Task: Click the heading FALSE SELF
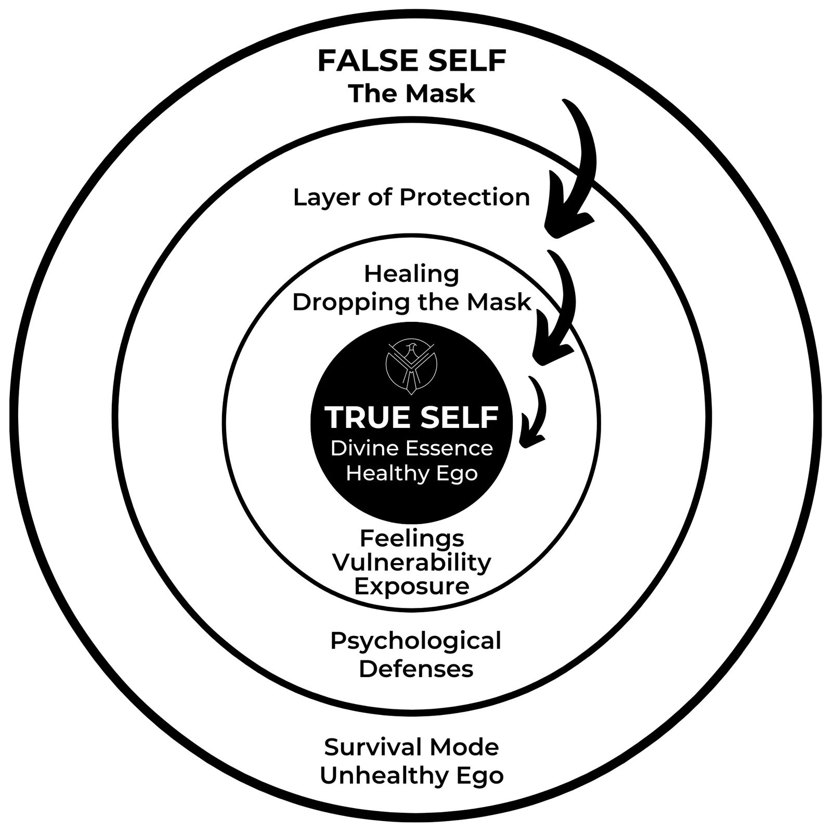point(411,61)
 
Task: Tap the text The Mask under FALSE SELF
point(411,94)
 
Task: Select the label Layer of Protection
point(411,198)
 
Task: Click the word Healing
point(411,274)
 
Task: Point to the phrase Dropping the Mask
point(411,302)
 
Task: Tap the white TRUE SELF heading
point(411,417)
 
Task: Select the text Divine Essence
point(411,448)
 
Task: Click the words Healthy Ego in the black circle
point(411,474)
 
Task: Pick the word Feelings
point(411,538)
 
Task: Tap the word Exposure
point(411,586)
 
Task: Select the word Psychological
point(415,641)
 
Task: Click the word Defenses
point(415,669)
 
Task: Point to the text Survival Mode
point(411,747)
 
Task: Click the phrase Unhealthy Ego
point(411,775)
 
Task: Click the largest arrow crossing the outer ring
point(577,172)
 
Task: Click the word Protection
point(465,198)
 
